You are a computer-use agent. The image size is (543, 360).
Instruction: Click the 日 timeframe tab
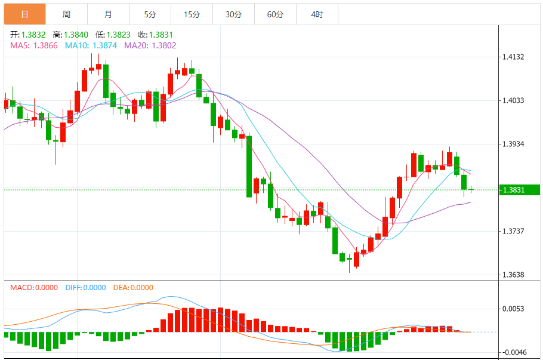click(x=24, y=14)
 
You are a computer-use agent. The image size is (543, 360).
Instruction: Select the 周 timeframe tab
click(x=66, y=14)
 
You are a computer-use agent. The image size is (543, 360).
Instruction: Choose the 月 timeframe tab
click(x=108, y=14)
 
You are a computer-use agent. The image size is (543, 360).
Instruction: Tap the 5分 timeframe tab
click(x=150, y=14)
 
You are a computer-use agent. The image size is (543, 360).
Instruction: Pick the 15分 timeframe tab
click(x=192, y=14)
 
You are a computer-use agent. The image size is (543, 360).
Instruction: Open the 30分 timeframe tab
click(x=233, y=14)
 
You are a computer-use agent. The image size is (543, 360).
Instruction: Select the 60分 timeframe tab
click(x=275, y=14)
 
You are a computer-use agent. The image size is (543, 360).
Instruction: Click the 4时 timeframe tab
click(x=317, y=14)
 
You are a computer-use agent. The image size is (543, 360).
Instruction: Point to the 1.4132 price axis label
click(x=513, y=57)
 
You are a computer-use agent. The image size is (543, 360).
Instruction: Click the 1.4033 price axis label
click(x=513, y=101)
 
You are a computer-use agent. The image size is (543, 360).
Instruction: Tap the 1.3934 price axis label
click(x=513, y=144)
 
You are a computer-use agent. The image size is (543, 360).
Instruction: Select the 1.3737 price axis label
click(x=513, y=232)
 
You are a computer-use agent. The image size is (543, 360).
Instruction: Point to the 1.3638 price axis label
click(x=513, y=275)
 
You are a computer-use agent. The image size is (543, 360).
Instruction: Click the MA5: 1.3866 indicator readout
click(x=33, y=45)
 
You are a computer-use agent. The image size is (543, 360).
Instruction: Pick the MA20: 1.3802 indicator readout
click(x=150, y=45)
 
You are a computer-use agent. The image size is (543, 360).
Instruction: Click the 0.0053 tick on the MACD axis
click(x=513, y=309)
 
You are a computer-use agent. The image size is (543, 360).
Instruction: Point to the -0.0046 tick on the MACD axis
click(x=513, y=352)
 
